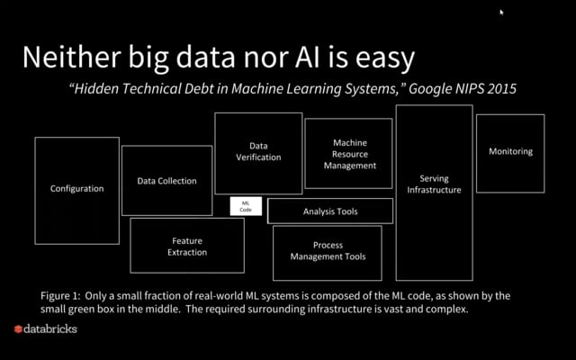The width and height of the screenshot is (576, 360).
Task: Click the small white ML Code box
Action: (x=246, y=206)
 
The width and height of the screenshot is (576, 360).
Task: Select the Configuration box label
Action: (x=76, y=189)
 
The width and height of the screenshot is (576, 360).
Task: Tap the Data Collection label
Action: (x=166, y=181)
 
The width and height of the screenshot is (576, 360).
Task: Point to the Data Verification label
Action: (x=258, y=151)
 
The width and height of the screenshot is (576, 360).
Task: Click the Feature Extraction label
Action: (x=187, y=247)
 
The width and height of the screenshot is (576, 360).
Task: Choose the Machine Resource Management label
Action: (x=349, y=154)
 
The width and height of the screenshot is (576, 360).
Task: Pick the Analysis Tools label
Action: (x=330, y=211)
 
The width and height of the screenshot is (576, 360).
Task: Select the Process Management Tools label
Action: (x=328, y=251)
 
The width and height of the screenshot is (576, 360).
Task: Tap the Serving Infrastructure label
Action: (x=434, y=184)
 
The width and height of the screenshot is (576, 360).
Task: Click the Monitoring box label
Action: (x=510, y=151)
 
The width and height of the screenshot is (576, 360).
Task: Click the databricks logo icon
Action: (x=17, y=329)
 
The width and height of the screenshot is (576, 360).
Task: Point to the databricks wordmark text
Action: (x=50, y=329)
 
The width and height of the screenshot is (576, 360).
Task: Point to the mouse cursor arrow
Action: (x=502, y=13)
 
